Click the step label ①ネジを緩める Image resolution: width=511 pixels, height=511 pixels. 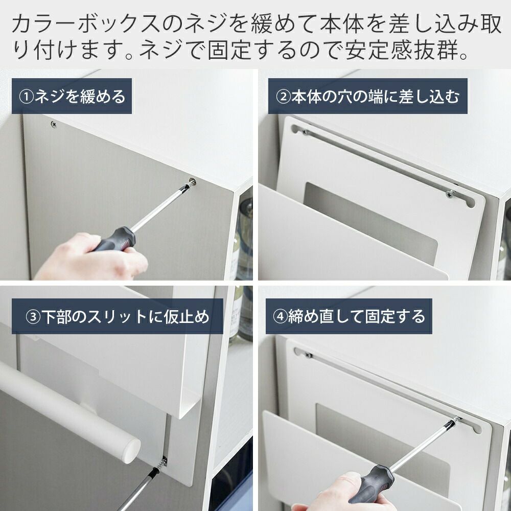click(x=72, y=97)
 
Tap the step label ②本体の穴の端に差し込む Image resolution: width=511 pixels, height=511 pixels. click(x=367, y=97)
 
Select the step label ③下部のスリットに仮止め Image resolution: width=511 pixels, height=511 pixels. click(x=118, y=316)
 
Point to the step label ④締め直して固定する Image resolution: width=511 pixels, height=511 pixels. click(x=349, y=316)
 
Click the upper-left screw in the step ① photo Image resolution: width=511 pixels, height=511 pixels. click(x=54, y=124)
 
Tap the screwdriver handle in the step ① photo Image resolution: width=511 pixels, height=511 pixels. click(x=115, y=239)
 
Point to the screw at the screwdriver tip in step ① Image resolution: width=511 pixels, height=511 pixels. click(x=193, y=181)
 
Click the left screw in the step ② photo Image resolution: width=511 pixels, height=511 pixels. click(x=305, y=132)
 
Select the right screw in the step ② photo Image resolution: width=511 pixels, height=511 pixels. click(x=450, y=194)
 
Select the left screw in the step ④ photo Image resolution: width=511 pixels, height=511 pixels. click(x=309, y=355)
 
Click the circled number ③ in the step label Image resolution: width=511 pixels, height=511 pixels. click(x=33, y=317)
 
